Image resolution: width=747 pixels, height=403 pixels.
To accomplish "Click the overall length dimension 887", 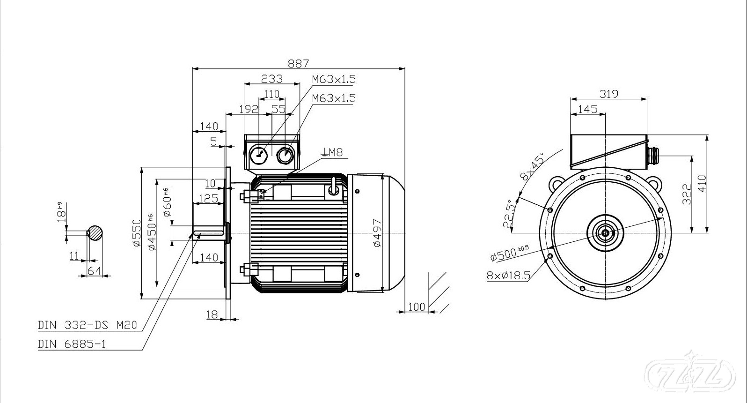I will [x=298, y=63].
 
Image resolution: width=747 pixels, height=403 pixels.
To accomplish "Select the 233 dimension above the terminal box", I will [x=271, y=78].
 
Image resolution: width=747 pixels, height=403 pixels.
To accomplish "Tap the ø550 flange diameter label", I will [x=136, y=232].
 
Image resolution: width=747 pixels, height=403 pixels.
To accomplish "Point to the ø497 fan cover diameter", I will [x=378, y=233].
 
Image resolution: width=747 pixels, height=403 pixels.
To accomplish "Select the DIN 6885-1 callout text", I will [x=72, y=344].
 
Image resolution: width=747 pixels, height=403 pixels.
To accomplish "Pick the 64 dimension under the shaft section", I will [x=95, y=270].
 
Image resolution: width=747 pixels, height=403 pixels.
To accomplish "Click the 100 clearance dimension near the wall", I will [x=417, y=306].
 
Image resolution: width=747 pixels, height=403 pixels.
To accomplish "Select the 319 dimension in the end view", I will [x=609, y=94].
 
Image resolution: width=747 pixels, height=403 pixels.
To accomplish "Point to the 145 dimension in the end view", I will [x=587, y=109].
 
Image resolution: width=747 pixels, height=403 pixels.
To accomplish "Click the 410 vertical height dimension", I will [x=702, y=183].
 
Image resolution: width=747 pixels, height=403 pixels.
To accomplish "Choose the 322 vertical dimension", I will [x=687, y=194].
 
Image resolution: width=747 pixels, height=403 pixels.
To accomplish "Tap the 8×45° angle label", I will [x=532, y=166].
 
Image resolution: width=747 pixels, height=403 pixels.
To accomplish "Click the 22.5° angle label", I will [x=509, y=215].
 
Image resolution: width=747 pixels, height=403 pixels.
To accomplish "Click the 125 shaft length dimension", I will [x=208, y=198].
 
